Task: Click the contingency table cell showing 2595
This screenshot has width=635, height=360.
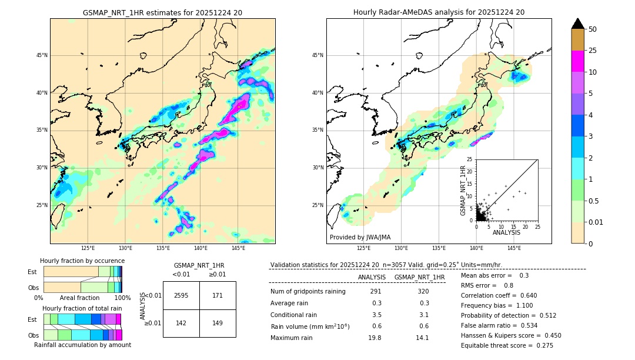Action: [181, 295]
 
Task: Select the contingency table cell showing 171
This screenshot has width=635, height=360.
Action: [218, 295]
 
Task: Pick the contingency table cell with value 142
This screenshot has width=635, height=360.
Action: [181, 323]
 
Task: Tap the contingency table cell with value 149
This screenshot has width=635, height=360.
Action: [218, 323]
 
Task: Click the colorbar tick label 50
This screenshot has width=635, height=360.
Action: [593, 29]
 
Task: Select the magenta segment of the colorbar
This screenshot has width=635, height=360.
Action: [578, 61]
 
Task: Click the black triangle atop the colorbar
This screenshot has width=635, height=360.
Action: [578, 24]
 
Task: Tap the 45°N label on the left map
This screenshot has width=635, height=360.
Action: [42, 55]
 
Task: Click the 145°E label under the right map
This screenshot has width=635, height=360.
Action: [514, 248]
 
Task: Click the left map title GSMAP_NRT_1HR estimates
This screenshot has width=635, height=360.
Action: [162, 12]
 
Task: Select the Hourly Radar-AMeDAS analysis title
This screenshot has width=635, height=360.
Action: [439, 12]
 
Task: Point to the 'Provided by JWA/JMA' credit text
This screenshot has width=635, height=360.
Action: [360, 237]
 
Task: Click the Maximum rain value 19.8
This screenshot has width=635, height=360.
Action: [376, 338]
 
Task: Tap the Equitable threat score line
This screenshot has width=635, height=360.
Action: [507, 345]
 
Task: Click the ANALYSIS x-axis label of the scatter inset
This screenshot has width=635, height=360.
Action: [506, 232]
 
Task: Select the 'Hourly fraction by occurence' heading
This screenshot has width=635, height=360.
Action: [82, 261]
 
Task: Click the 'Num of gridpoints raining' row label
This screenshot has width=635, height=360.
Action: [308, 292]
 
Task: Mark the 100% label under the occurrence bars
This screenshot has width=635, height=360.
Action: [122, 298]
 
